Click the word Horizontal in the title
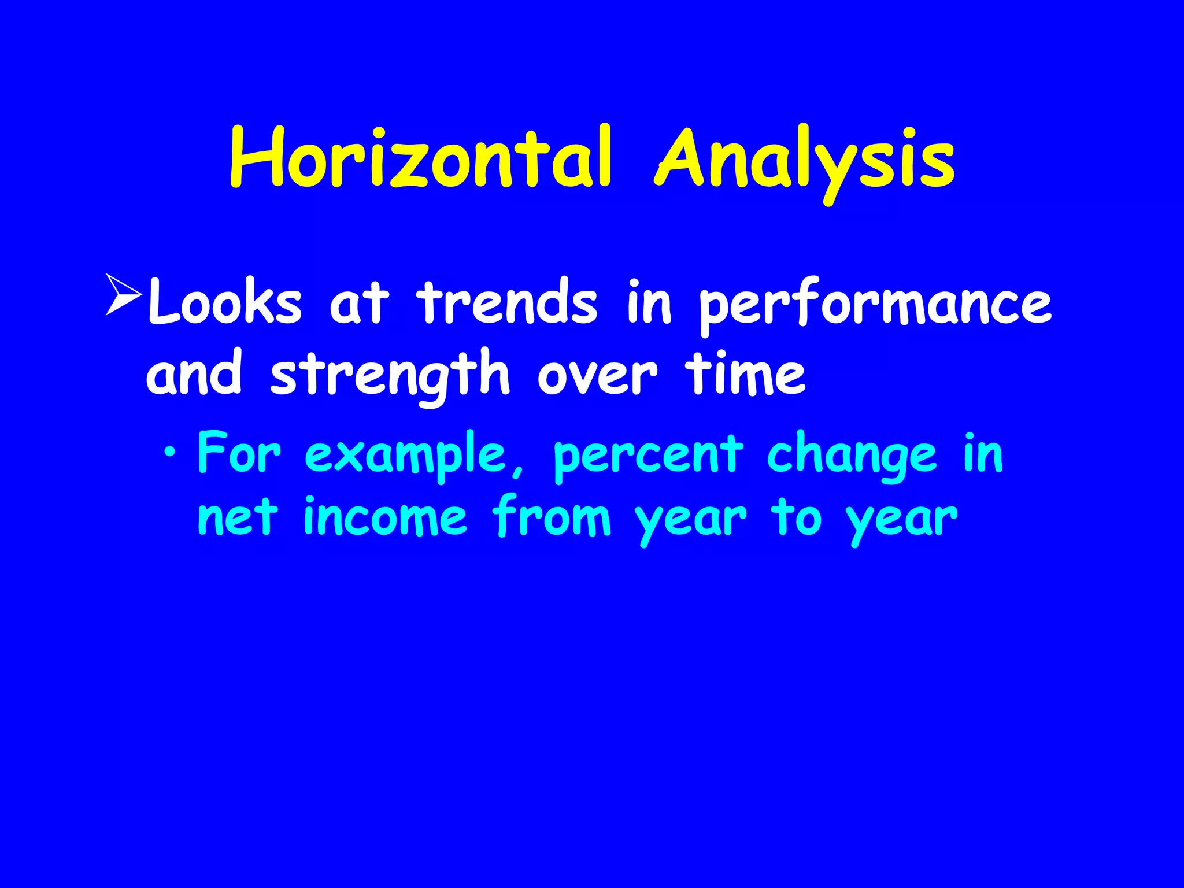coord(420,157)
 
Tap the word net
coord(237,517)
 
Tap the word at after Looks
coord(359,303)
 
